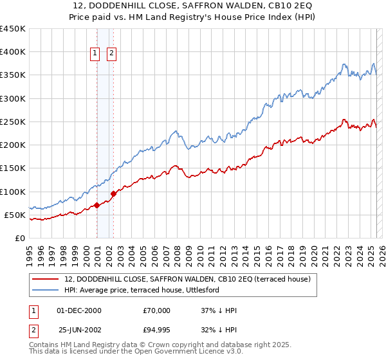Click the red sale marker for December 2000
(x=96, y=205)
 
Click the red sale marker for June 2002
(x=114, y=194)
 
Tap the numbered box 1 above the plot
(x=95, y=53)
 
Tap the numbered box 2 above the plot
(x=111, y=53)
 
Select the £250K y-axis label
(x=13, y=122)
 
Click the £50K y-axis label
(x=15, y=215)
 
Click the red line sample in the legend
(x=45, y=279)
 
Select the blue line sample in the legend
(x=45, y=290)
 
